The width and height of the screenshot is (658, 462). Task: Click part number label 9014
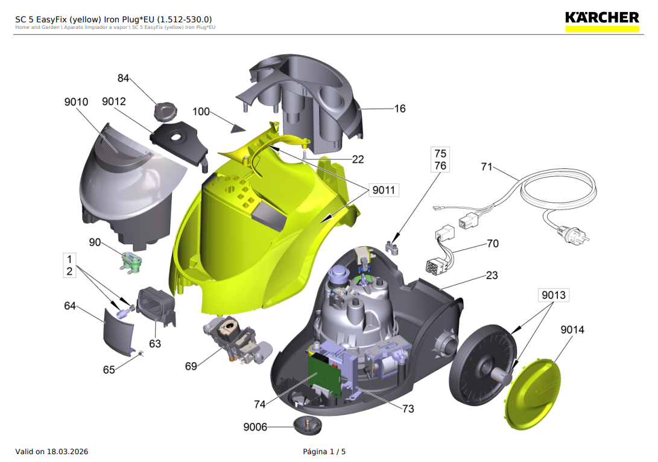572,330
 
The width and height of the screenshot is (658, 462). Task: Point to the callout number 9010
76,102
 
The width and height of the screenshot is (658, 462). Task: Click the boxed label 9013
554,295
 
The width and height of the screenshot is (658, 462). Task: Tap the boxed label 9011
383,191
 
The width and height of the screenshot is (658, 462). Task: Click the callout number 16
400,109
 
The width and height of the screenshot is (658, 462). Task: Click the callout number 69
191,366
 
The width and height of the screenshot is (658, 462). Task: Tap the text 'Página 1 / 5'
324,452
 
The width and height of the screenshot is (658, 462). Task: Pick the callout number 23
492,275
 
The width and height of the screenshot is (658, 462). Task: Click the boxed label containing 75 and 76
440,159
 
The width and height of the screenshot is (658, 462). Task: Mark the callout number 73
408,408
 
